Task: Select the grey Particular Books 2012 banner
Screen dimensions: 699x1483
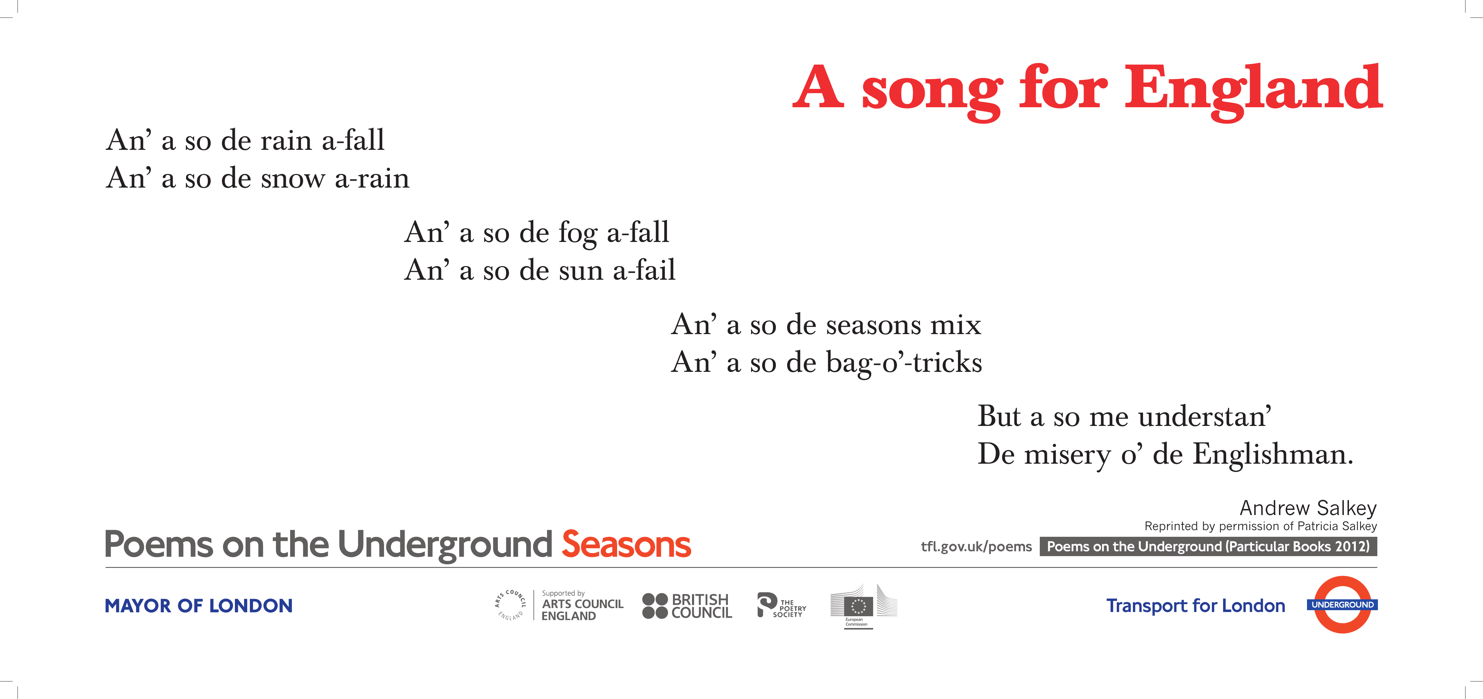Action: click(1208, 546)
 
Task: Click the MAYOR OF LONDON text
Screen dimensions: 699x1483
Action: click(199, 606)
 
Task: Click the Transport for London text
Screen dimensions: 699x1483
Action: click(1195, 606)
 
